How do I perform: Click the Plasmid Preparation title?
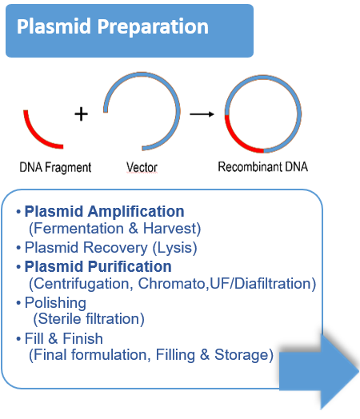[112, 27]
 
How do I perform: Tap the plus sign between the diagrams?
[80, 114]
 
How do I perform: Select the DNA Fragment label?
[55, 168]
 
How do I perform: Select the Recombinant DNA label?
[262, 168]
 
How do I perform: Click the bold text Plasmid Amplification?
[104, 212]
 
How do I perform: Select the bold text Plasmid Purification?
[98, 266]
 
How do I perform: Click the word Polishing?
[55, 303]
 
